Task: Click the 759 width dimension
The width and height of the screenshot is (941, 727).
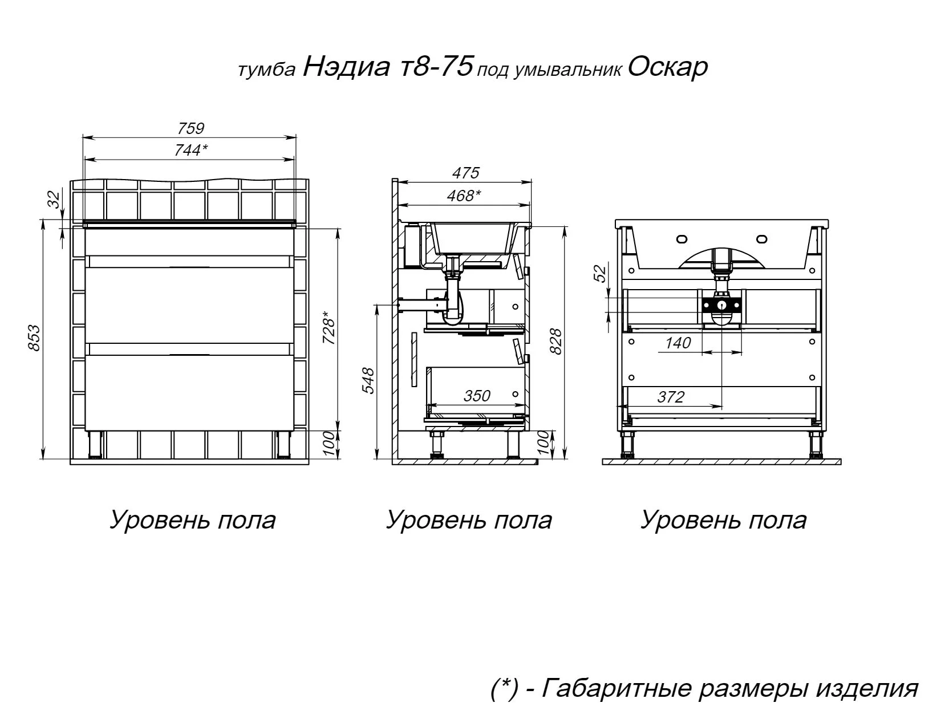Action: (x=190, y=128)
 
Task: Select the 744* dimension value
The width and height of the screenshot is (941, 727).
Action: (x=191, y=151)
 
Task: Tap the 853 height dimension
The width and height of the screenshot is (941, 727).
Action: (x=34, y=338)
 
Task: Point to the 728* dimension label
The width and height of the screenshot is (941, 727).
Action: (x=328, y=327)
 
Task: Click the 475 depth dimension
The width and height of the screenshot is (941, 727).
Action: (x=466, y=173)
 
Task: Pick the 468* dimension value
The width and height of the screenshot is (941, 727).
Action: (x=464, y=196)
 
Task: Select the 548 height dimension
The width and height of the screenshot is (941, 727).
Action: (x=368, y=381)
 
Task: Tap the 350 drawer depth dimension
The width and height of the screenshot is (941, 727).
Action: (x=477, y=396)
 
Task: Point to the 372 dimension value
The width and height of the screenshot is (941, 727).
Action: (x=671, y=397)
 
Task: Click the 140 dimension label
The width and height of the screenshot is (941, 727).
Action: (x=678, y=343)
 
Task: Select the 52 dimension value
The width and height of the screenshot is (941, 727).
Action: (x=600, y=274)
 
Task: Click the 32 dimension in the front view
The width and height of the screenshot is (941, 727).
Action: (x=55, y=200)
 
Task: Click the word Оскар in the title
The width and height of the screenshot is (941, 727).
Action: (x=668, y=67)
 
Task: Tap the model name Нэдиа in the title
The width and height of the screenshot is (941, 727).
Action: (x=346, y=67)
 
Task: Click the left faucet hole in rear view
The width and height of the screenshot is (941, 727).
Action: (x=682, y=238)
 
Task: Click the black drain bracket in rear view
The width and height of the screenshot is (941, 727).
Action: (x=721, y=305)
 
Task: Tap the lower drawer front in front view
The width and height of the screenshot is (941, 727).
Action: (x=190, y=393)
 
